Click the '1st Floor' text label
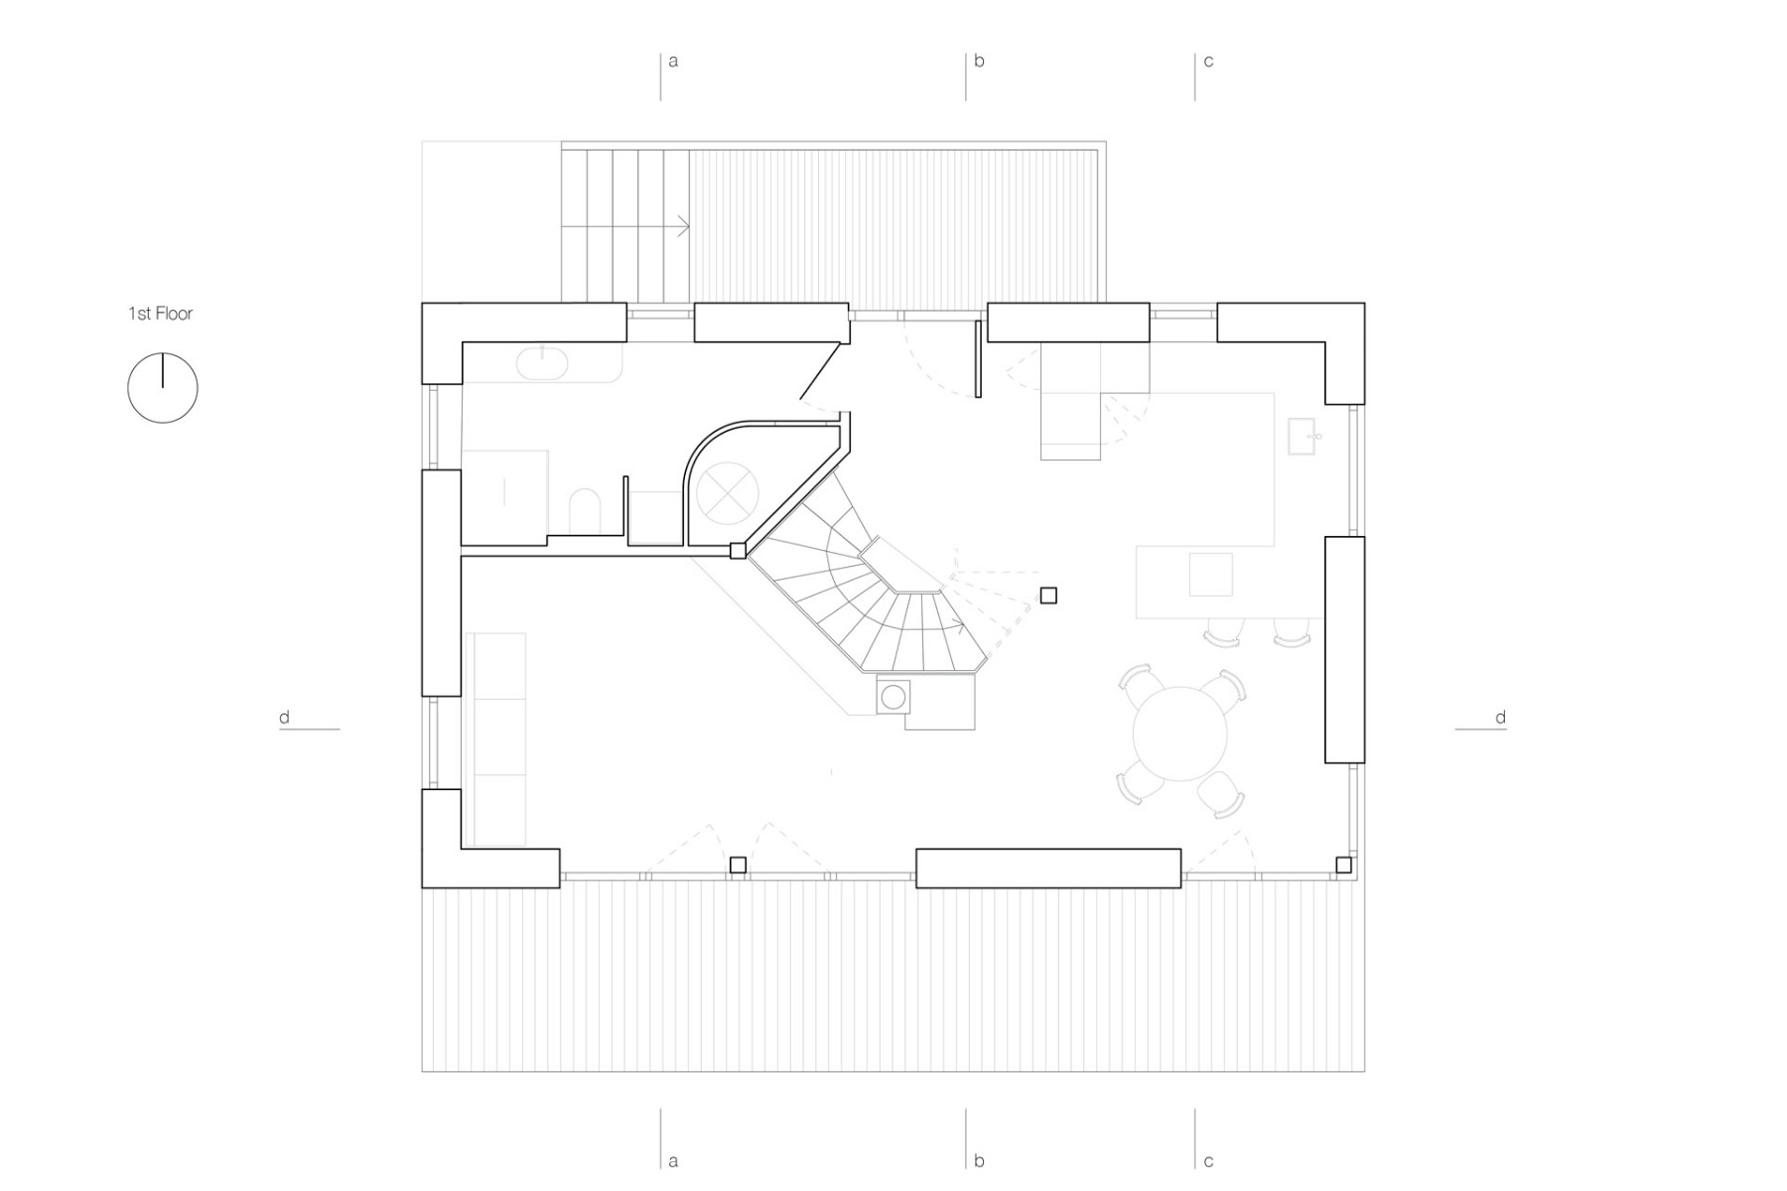coord(160,314)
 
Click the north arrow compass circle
coord(163,388)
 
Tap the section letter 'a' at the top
coord(673,62)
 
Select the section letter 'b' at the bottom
coord(979,1160)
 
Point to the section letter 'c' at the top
coord(1208,62)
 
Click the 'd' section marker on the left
coord(285,718)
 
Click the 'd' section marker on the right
coord(1500,718)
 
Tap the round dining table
coord(1179,733)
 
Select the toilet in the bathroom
coord(585,510)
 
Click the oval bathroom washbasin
coord(542,363)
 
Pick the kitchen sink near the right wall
coord(1302,437)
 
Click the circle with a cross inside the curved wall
coord(727,491)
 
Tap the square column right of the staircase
coord(1048,595)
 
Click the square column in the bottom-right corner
coord(1343,865)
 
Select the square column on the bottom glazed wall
coord(738,865)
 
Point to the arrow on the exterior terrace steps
coord(682,226)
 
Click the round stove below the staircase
coord(893,697)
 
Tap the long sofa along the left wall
coord(495,739)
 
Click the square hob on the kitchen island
coord(1210,575)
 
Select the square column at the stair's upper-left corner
coord(738,551)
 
